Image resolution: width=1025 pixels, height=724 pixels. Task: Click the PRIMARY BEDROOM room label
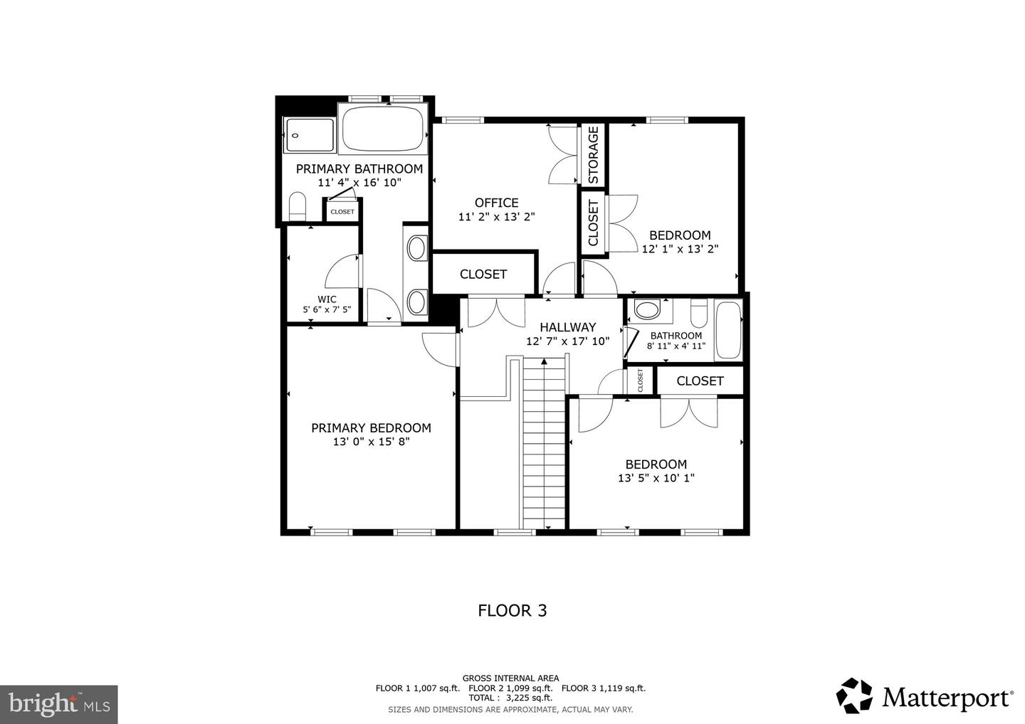[371, 427]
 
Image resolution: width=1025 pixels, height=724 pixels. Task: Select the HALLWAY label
[567, 327]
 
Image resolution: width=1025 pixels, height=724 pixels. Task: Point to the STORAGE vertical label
[593, 155]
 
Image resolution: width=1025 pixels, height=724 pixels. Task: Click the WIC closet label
[327, 299]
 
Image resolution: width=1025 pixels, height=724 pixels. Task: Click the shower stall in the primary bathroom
[309, 135]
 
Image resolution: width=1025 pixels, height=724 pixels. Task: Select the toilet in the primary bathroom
[298, 208]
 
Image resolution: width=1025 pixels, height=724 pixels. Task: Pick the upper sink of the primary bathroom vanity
[416, 248]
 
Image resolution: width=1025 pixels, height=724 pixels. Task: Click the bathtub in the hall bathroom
[727, 330]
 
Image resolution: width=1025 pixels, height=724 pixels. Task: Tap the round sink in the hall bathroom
[647, 310]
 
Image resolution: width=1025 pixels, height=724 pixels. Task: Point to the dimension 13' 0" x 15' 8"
[371, 442]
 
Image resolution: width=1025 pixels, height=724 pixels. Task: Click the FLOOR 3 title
[512, 610]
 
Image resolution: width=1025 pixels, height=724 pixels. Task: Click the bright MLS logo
[58, 704]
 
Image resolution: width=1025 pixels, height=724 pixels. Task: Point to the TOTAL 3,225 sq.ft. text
[510, 698]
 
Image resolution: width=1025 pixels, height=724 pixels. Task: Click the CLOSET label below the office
[483, 274]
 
